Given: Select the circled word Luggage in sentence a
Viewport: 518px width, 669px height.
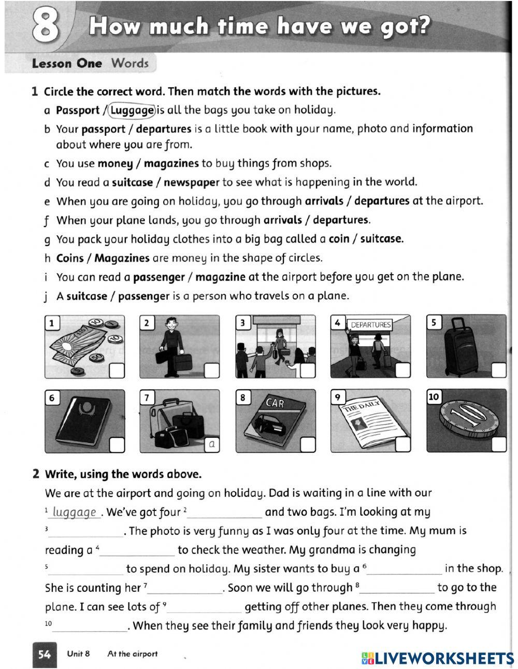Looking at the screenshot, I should tap(132, 110).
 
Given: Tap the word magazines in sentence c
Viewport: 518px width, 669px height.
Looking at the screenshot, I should tap(171, 163).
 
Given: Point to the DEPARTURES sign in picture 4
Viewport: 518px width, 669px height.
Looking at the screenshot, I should tap(370, 324).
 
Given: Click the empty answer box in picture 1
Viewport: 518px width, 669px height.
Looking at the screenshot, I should tap(117, 371).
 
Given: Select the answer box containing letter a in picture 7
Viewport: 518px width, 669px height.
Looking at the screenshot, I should tap(212, 445).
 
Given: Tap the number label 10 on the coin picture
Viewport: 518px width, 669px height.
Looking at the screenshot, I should tap(434, 397).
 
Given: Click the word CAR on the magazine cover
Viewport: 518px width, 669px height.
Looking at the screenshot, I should tap(275, 403).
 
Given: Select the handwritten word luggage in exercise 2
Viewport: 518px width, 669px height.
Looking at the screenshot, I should tap(75, 513).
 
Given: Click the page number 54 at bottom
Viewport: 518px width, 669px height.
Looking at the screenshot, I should tap(45, 654).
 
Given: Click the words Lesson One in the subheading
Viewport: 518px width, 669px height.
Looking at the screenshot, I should tap(67, 64).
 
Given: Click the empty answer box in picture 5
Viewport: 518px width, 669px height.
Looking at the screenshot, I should tap(498, 370).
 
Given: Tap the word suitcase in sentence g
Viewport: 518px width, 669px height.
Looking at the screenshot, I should tap(381, 239).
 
